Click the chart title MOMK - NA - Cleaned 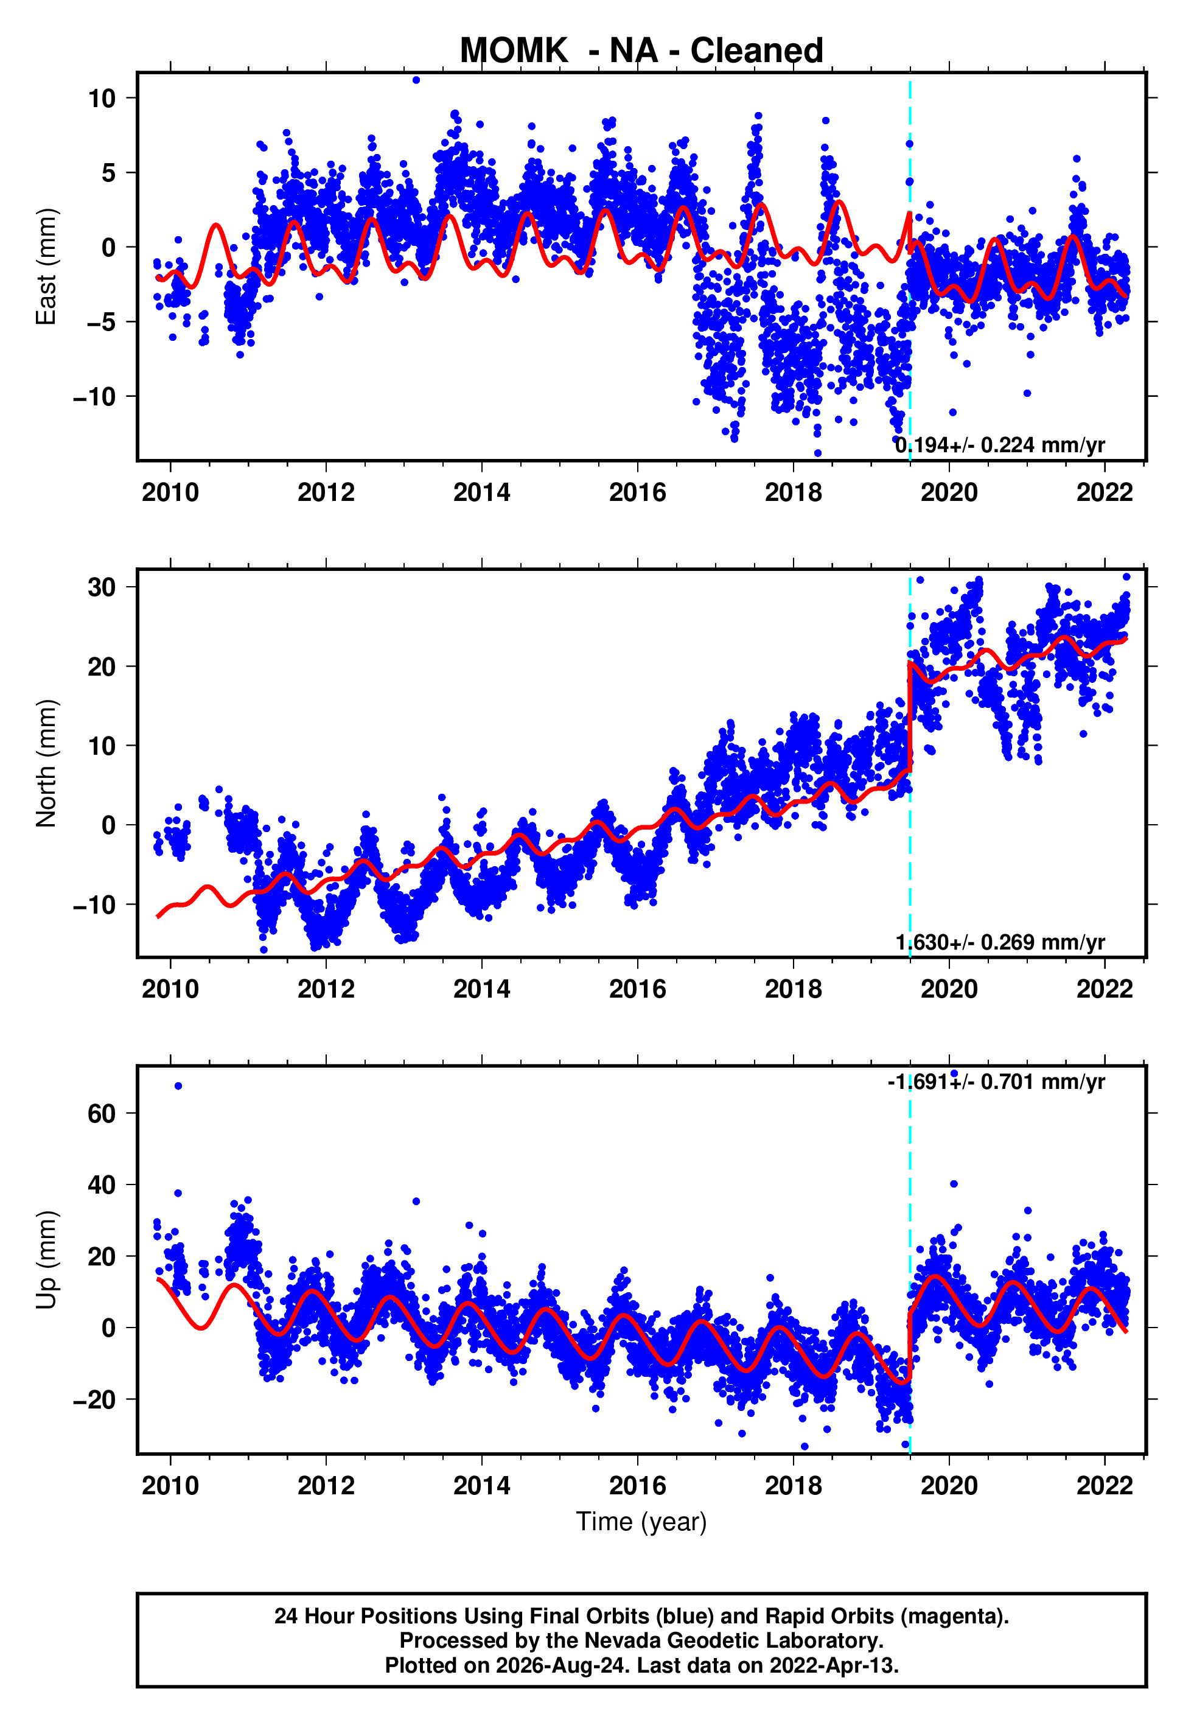(x=641, y=51)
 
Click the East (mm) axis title (x=46, y=267)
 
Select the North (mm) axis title (x=46, y=763)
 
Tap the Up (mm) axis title (x=46, y=1260)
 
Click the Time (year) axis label (x=641, y=1522)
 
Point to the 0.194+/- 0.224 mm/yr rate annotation (x=1000, y=445)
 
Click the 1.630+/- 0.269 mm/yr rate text (x=1000, y=942)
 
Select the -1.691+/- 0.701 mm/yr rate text (x=996, y=1082)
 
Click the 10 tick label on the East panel (x=102, y=98)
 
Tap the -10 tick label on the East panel (x=94, y=396)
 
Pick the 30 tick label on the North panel (x=102, y=587)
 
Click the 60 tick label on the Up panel (x=102, y=1113)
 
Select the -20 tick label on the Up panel (x=94, y=1399)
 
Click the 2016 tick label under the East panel (x=637, y=492)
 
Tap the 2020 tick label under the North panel (x=949, y=989)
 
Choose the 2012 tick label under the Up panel (x=326, y=1486)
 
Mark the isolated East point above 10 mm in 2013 (x=416, y=80)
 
